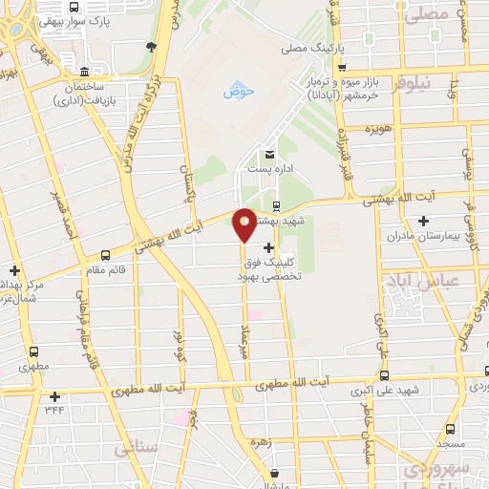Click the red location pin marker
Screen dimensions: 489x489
(x=244, y=223)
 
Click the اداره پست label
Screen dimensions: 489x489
(x=267, y=168)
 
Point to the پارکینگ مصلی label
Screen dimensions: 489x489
(x=306, y=47)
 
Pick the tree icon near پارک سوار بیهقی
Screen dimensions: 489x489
(x=151, y=45)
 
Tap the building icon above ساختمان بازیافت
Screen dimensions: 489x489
(x=85, y=73)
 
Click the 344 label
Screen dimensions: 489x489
(x=55, y=410)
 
